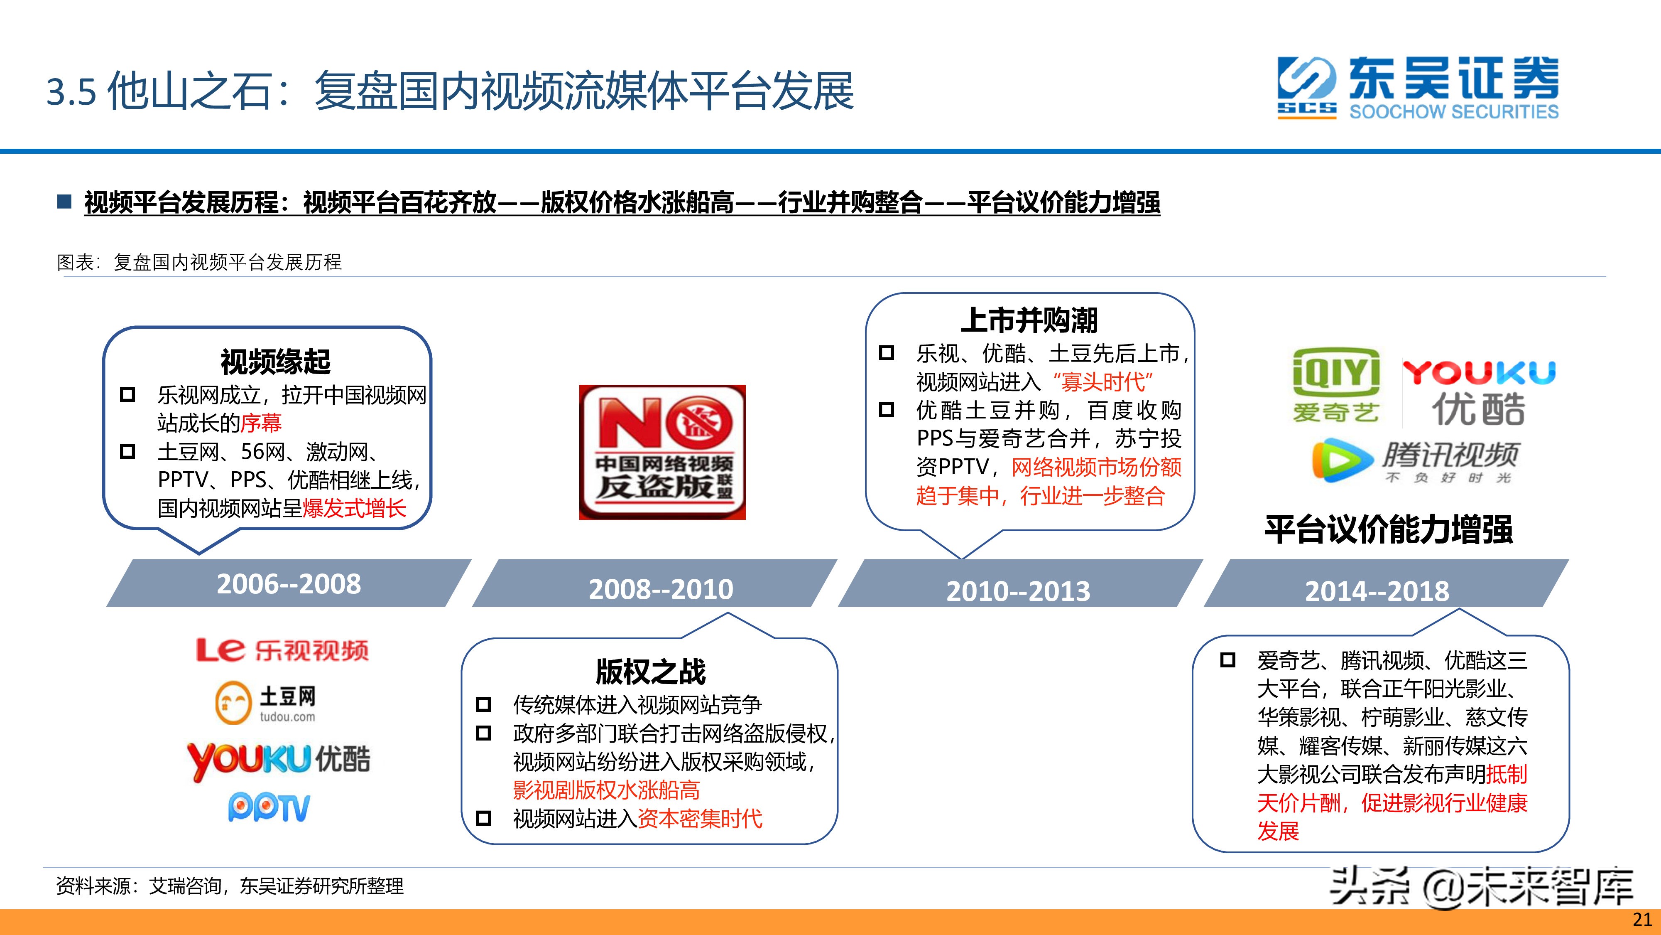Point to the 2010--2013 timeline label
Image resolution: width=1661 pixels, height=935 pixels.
coord(1018,591)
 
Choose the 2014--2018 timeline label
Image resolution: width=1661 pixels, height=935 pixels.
coord(1377,591)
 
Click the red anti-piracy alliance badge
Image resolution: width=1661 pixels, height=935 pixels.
coord(662,453)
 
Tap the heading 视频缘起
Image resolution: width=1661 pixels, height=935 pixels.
coord(275,362)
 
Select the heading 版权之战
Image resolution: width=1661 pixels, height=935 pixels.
coord(651,671)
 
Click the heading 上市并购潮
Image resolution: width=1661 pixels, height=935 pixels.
coord(1029,320)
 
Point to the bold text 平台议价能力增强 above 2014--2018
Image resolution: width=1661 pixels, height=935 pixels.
coord(1388,529)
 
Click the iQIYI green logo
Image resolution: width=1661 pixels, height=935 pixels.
coord(1336,385)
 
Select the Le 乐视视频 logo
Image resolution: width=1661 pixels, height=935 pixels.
coord(282,650)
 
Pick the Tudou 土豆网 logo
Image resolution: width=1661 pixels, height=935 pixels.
coord(266,702)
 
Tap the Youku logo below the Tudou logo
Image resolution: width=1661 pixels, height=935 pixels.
coord(279,760)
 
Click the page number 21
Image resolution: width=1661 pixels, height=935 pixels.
coord(1641,920)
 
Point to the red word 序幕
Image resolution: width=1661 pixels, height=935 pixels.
coord(260,423)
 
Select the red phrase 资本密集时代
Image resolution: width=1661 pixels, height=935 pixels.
coord(700,819)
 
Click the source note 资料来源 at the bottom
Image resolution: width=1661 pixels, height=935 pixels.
coord(230,886)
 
